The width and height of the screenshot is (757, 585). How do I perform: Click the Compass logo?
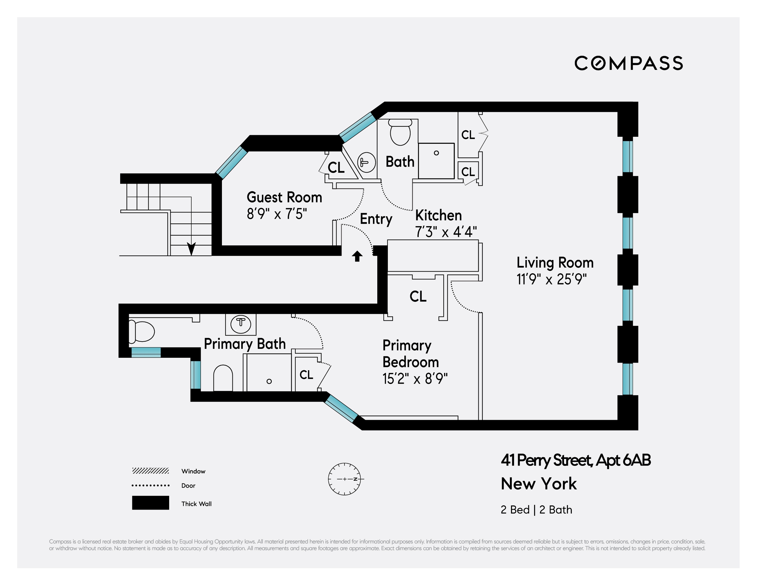click(x=628, y=63)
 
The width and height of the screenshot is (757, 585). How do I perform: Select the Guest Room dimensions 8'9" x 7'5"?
click(x=277, y=214)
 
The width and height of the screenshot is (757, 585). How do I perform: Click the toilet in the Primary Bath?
click(x=142, y=332)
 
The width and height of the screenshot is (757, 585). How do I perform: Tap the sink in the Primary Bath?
click(x=241, y=324)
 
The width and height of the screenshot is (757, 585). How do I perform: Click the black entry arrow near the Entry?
click(x=357, y=256)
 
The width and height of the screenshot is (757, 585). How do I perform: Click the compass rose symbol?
click(x=344, y=479)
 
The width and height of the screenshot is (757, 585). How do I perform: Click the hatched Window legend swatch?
click(x=150, y=470)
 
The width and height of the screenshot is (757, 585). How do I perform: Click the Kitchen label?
click(x=438, y=215)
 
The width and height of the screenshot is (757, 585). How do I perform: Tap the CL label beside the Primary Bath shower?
click(x=306, y=375)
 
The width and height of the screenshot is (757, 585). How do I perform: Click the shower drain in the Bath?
click(x=436, y=153)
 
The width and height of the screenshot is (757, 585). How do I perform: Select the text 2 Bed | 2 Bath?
click(x=536, y=510)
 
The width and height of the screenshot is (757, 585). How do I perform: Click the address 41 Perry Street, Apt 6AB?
click(x=575, y=460)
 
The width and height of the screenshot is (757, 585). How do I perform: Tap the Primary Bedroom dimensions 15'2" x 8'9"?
click(x=415, y=379)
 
